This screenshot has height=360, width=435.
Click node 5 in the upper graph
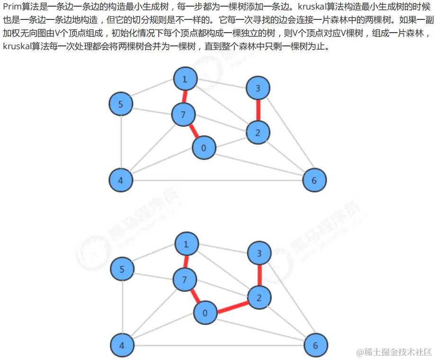point(121,104)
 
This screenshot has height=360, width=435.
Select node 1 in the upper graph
point(185,79)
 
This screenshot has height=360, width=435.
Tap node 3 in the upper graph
point(258,88)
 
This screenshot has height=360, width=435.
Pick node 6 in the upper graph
point(314,180)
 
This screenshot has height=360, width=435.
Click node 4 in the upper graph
point(121,180)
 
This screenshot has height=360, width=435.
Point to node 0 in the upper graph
point(204,148)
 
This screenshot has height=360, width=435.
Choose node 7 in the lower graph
point(185,280)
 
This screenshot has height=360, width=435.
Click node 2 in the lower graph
point(259,298)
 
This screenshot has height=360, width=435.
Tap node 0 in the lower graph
point(205,313)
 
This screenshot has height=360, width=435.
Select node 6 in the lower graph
point(316,345)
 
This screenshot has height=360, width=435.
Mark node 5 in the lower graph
point(122,270)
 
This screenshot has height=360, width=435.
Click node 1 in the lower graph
point(186,244)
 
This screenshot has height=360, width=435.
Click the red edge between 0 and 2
point(232,306)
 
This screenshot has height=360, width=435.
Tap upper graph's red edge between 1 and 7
point(184,96)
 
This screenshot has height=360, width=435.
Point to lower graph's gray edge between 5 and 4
point(122,307)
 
